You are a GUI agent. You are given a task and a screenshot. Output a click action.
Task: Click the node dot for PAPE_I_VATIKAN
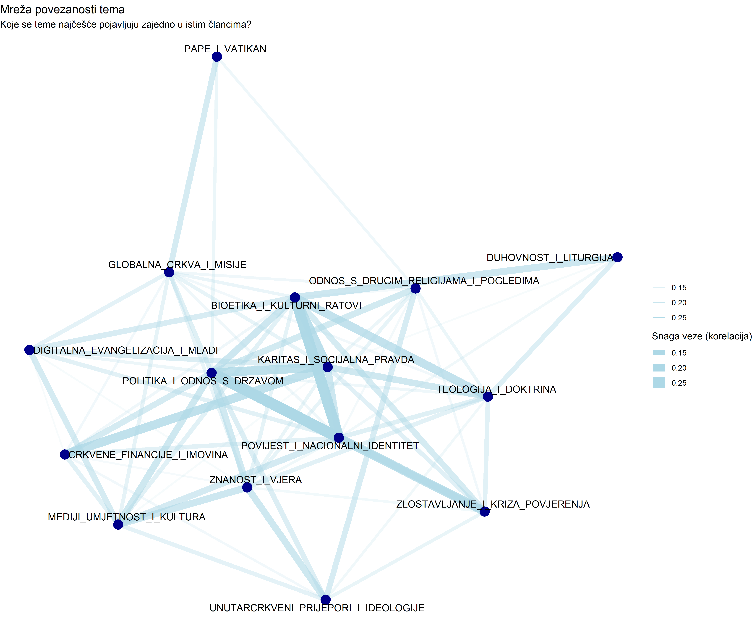click(217, 57)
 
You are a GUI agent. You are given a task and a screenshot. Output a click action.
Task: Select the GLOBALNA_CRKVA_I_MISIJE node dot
click(169, 272)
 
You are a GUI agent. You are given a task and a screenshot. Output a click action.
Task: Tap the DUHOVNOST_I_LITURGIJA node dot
click(617, 257)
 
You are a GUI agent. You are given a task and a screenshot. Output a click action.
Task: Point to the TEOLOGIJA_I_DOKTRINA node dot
click(488, 397)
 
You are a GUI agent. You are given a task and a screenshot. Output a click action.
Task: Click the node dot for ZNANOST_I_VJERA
click(247, 487)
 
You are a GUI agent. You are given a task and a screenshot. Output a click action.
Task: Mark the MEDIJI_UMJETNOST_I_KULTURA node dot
click(118, 524)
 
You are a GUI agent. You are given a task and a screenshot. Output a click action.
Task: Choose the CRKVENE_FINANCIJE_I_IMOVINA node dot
click(64, 454)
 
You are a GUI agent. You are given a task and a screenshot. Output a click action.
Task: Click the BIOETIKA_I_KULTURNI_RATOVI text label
click(286, 306)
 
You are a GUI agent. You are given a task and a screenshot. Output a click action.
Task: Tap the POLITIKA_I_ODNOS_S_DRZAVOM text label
click(203, 381)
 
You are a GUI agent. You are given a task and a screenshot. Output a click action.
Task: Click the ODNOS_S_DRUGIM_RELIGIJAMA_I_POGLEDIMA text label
click(424, 281)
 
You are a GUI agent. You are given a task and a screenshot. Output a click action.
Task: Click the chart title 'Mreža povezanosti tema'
click(62, 10)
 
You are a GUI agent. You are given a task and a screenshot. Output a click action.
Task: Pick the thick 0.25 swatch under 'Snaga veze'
click(659, 383)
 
